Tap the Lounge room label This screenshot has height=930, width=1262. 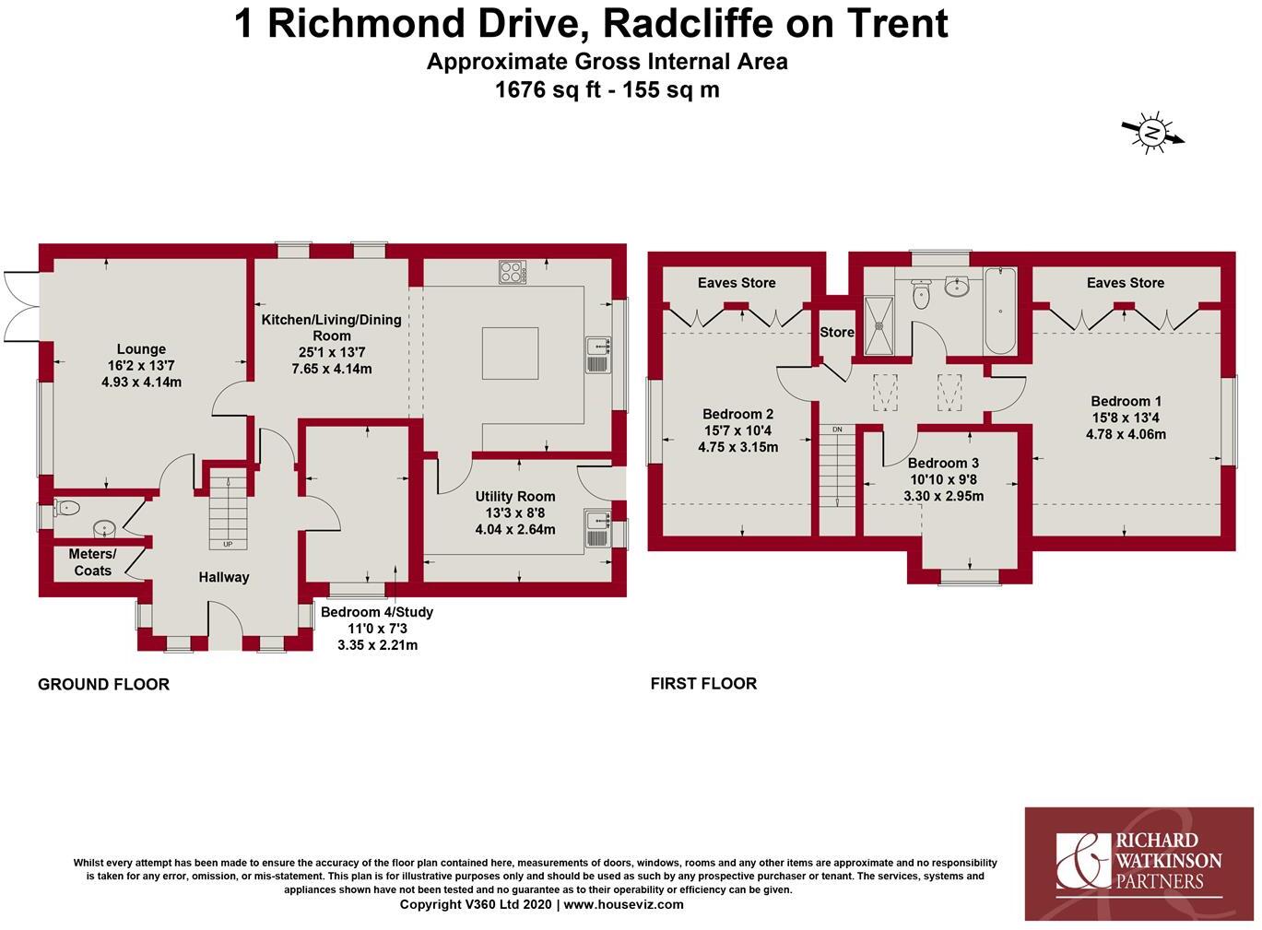[141, 349]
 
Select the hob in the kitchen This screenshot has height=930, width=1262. [513, 272]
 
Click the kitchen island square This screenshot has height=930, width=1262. [510, 354]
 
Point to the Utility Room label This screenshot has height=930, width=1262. [515, 496]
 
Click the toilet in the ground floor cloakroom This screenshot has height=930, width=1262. [66, 508]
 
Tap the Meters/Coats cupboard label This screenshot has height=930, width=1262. [92, 562]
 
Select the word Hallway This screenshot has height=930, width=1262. [224, 577]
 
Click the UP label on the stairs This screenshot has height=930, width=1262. [228, 544]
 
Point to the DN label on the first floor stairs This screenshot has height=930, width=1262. [837, 430]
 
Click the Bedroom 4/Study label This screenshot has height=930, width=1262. [377, 612]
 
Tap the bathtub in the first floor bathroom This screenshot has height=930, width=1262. [1000, 311]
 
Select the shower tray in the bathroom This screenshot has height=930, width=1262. [879, 325]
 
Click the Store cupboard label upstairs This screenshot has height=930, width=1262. [837, 333]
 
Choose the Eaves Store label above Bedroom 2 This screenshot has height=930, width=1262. [737, 283]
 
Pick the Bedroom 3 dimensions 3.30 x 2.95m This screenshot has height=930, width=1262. [944, 496]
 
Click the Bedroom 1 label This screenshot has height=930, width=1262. [1126, 401]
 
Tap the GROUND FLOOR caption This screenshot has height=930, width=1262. [103, 685]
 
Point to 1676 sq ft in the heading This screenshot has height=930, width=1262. [548, 90]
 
